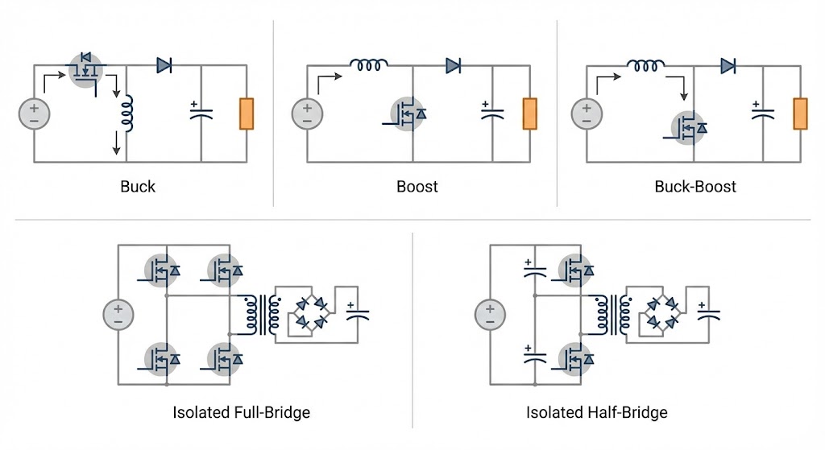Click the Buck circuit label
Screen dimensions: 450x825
138,187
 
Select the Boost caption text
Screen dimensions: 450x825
417,187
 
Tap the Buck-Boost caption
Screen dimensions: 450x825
695,187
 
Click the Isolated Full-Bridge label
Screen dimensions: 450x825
241,413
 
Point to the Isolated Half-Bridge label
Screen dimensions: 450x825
597,413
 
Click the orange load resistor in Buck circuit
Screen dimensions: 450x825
247,114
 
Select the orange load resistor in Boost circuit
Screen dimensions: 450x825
529,114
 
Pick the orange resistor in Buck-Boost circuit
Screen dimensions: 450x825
800,114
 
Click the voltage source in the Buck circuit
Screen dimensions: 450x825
34,114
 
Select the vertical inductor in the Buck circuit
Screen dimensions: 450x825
127,114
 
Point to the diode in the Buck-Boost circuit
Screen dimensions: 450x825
729,66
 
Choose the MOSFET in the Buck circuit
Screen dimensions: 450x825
86,70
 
